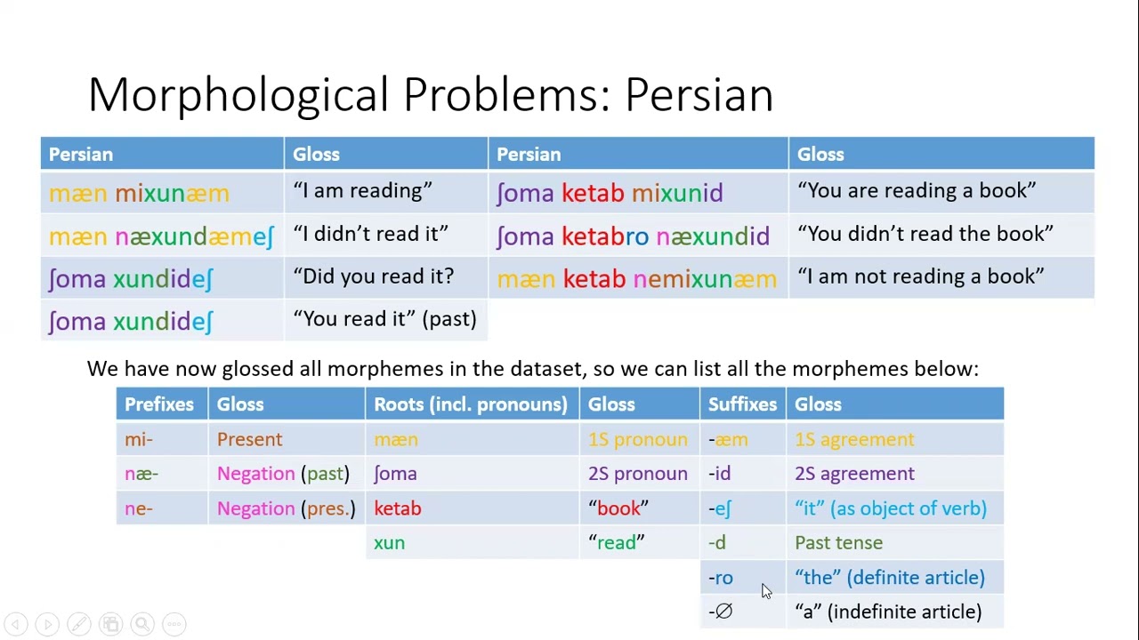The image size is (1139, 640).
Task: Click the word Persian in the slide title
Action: [699, 94]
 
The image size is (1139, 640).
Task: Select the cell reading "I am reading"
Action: [362, 191]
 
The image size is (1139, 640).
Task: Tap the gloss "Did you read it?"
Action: [373, 276]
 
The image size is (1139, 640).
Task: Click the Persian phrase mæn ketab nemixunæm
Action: [636, 279]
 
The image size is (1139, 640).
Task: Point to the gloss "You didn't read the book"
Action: [925, 234]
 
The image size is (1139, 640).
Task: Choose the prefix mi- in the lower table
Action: [139, 439]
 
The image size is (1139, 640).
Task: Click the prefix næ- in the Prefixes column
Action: [141, 474]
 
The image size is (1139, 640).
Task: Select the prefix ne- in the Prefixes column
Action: [139, 508]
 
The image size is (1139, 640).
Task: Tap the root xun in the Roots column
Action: [389, 543]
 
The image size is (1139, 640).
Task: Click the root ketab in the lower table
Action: [397, 508]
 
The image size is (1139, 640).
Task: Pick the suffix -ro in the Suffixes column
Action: [721, 578]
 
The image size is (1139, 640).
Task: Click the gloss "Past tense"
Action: [838, 543]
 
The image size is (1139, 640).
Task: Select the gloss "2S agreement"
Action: [854, 474]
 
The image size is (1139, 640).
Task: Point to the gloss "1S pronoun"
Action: [637, 439]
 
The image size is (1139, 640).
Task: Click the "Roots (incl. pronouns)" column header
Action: [470, 404]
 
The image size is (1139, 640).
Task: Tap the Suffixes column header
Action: [742, 404]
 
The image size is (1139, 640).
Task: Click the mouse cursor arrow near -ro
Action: [766, 591]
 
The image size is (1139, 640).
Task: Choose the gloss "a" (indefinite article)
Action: [888, 612]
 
